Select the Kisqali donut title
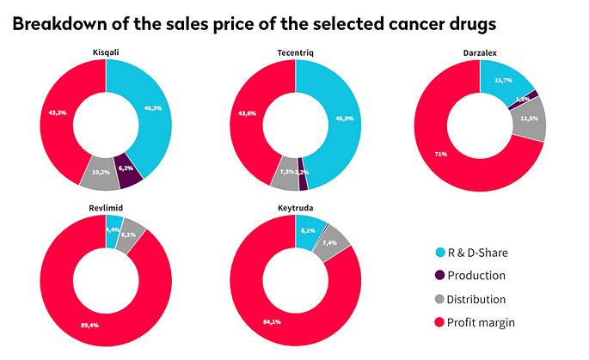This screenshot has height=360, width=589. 105,53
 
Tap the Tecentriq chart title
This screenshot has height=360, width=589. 295,53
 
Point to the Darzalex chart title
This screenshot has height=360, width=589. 479,53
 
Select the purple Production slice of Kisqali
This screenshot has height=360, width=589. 127,171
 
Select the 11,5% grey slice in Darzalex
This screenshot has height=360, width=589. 528,119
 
